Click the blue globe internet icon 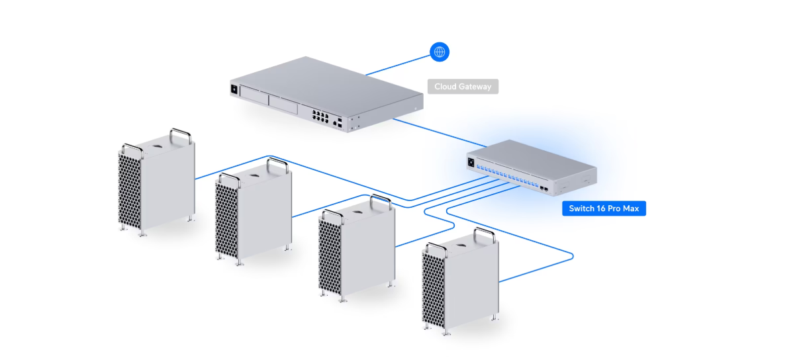440,52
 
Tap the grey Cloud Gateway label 462,87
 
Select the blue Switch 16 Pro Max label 604,208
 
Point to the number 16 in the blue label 602,208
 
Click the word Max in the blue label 631,208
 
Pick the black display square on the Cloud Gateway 234,89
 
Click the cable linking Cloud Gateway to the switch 437,131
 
